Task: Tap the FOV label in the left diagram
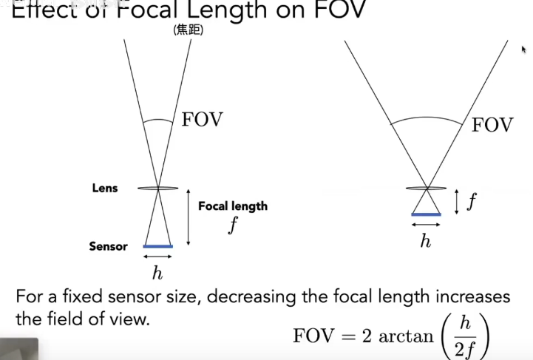coord(202,120)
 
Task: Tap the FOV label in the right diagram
coord(492,125)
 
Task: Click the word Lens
coord(104,189)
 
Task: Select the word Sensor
coord(108,246)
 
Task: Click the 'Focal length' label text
coord(232,206)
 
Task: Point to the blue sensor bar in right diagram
coord(425,214)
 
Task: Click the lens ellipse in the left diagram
coord(158,189)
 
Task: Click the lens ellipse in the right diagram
coord(426,188)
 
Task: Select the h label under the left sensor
coord(157,274)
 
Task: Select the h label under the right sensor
coord(425,241)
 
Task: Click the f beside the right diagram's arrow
coord(470,201)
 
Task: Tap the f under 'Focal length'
coord(232,225)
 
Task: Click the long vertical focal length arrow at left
coord(188,218)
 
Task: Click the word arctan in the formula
coord(406,336)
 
